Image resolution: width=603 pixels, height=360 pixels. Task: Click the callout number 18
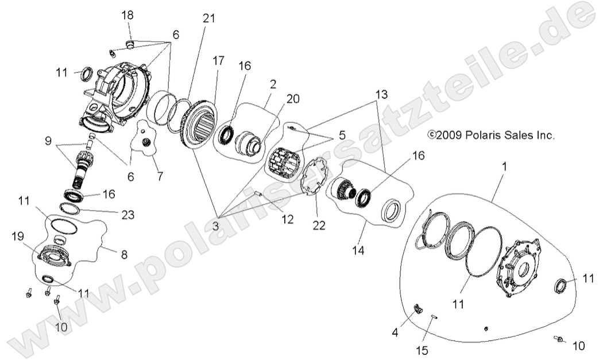[x=127, y=14]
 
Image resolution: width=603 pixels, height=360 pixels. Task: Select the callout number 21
[x=208, y=18]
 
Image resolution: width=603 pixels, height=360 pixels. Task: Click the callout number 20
[x=293, y=98]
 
